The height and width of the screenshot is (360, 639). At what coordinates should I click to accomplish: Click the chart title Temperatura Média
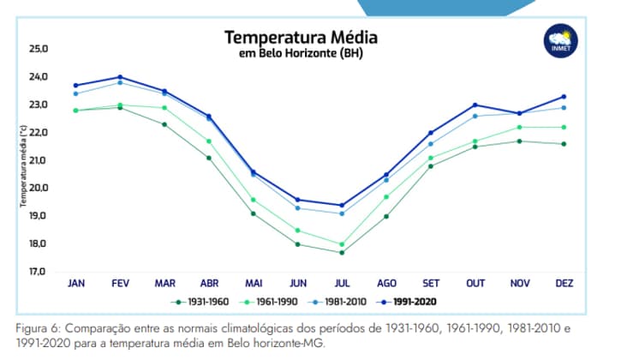301,39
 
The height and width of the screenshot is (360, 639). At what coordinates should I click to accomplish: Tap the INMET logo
562,40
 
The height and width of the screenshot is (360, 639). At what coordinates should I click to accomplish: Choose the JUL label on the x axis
342,283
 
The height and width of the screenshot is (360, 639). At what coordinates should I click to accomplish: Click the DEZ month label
564,283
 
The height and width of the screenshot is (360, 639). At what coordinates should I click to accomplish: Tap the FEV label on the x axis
120,283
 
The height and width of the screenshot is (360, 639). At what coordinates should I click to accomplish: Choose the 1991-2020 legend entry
414,302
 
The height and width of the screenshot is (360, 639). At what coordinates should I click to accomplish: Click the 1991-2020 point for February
120,77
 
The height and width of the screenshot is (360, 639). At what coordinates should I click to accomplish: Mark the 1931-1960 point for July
342,252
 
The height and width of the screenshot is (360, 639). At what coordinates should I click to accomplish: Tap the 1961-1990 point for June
297,230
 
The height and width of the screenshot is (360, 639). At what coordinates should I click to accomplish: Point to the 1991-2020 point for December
564,96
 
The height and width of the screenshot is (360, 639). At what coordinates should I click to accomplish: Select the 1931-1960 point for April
209,158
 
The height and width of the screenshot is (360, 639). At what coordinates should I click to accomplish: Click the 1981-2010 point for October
475,116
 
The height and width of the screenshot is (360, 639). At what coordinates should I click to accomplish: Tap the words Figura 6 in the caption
35,329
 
